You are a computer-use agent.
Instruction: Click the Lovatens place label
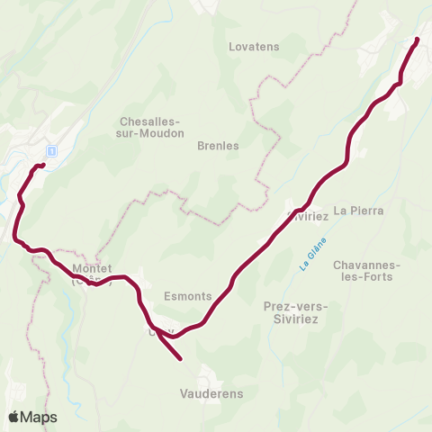coord(255,46)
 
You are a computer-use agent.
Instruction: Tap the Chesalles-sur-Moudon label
coord(151,127)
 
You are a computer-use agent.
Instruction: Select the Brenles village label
coord(218,145)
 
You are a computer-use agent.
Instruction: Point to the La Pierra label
coord(358,211)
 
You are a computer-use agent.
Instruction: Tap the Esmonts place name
coord(188,295)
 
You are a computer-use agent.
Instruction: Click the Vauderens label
coord(211,393)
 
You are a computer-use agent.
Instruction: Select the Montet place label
coord(91,269)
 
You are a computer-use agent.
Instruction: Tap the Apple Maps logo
coord(32,417)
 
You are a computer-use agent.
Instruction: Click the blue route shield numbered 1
coord(52,151)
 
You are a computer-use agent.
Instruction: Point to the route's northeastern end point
coord(418,40)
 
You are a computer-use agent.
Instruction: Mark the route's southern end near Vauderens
coord(181,359)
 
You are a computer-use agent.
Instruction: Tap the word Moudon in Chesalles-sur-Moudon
coord(162,133)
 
